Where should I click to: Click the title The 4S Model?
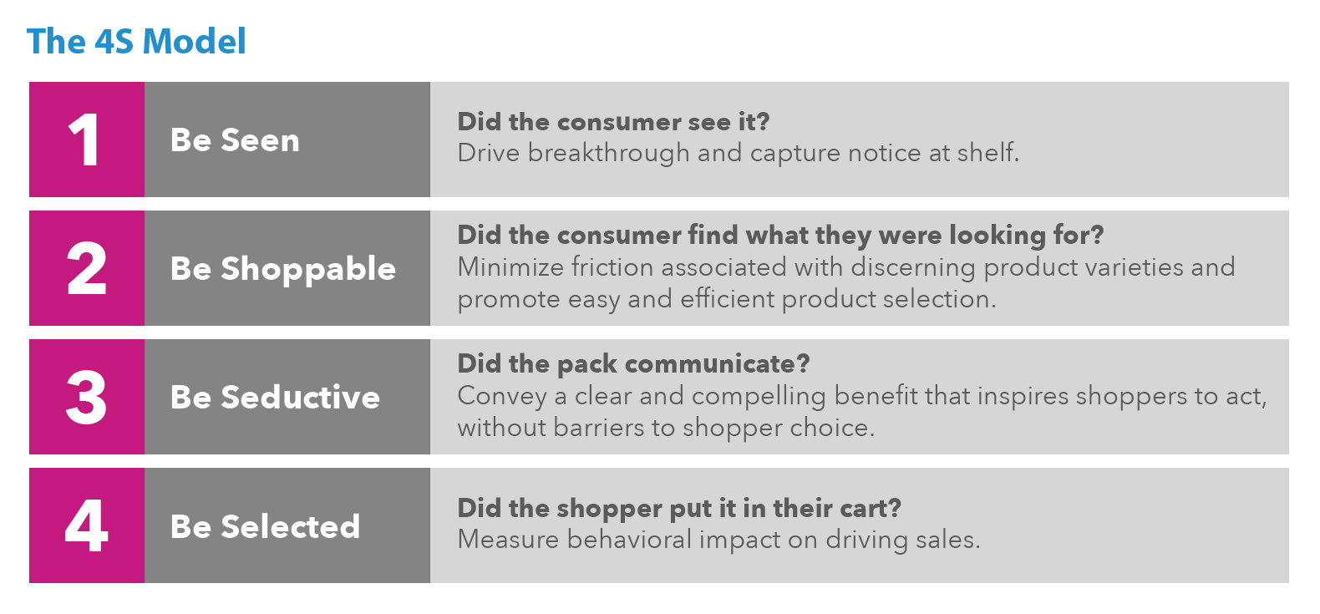pyautogui.click(x=136, y=42)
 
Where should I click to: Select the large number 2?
pyautogui.click(x=87, y=269)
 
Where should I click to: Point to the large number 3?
pyautogui.click(x=87, y=398)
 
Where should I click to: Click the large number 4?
pyautogui.click(x=87, y=526)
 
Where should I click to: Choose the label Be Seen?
pyautogui.click(x=235, y=140)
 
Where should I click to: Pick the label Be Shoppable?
pyautogui.click(x=283, y=269)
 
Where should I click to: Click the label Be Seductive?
pyautogui.click(x=275, y=398)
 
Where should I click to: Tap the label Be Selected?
pyautogui.click(x=265, y=526)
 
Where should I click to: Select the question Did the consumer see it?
pyautogui.click(x=613, y=122)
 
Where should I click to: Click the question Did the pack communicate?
pyautogui.click(x=633, y=364)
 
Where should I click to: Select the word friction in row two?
pyautogui.click(x=607, y=267)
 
